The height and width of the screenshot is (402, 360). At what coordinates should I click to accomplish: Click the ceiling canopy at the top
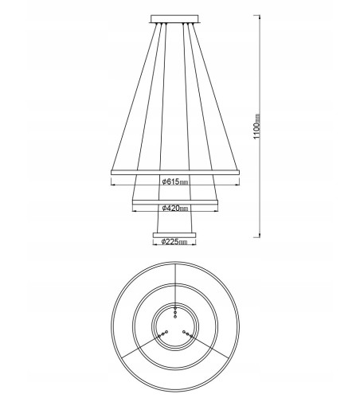tap(175, 18)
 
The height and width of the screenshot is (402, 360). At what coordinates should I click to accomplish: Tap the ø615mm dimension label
tap(174, 182)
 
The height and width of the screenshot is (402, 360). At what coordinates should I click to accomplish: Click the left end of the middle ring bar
tap(133, 204)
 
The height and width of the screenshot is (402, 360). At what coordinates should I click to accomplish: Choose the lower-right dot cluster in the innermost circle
tap(187, 334)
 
